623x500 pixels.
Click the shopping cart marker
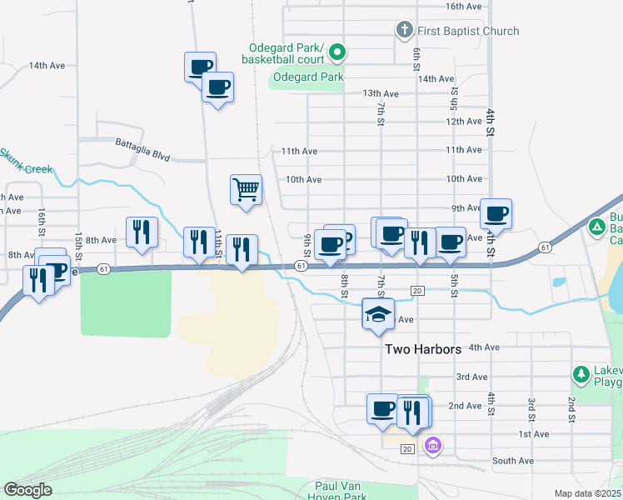[x=247, y=189]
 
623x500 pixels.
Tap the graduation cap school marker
[x=379, y=315]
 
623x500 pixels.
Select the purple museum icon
[x=431, y=447]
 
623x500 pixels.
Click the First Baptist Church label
[x=469, y=31]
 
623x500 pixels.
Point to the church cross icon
[x=404, y=31]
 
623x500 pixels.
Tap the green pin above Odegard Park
[x=337, y=52]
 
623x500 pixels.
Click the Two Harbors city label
[x=423, y=349]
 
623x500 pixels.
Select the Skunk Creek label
[x=25, y=162]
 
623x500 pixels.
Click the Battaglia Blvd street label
[x=142, y=143]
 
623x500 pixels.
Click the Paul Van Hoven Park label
[x=341, y=491]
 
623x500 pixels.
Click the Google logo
[x=27, y=490]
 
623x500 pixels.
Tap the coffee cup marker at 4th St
[x=496, y=213]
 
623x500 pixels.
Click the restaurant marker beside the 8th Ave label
[x=142, y=232]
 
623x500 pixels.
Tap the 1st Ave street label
[x=534, y=434]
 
